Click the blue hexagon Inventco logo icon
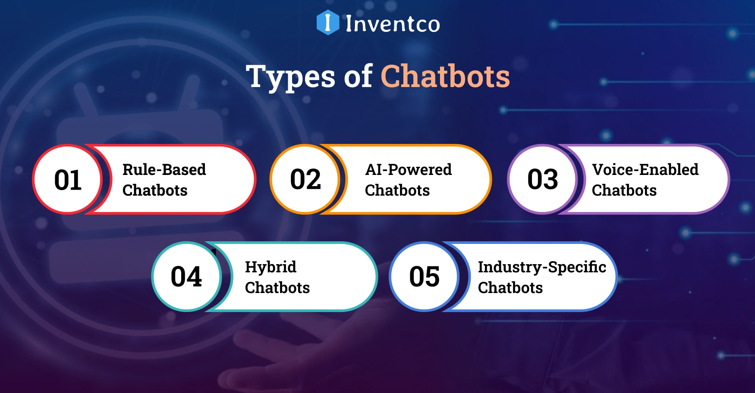click(327, 22)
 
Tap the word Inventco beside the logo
click(393, 24)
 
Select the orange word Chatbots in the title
click(445, 77)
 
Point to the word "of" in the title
click(358, 77)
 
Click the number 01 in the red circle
click(68, 180)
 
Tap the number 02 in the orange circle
click(305, 179)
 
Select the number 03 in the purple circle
click(543, 179)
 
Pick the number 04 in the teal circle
click(186, 277)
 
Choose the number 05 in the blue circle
click(425, 277)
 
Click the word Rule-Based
click(164, 169)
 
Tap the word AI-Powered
click(409, 169)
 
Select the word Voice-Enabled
click(645, 169)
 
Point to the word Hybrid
click(271, 267)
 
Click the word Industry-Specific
click(542, 267)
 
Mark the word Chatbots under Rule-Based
click(155, 190)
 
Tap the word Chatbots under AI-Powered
click(397, 190)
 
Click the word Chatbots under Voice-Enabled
click(624, 190)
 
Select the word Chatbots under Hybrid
click(277, 287)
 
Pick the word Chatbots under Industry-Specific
click(510, 287)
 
